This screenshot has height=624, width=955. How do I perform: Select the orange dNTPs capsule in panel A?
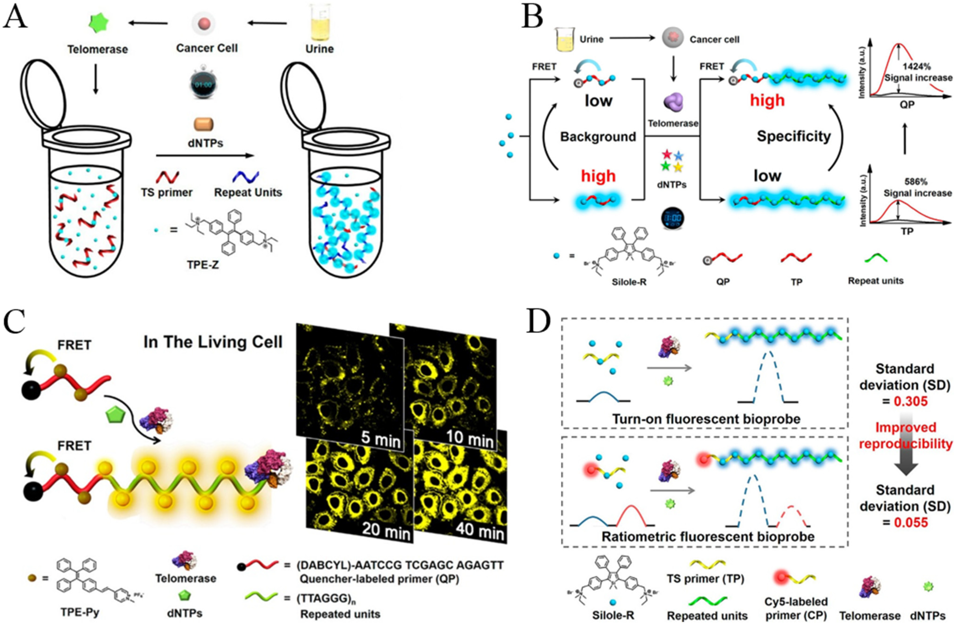[x=204, y=125]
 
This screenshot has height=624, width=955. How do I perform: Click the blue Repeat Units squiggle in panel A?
[x=246, y=177]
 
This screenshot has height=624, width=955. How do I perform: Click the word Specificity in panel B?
[x=793, y=136]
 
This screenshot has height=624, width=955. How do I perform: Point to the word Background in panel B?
[x=598, y=137]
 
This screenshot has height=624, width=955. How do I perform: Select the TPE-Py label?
[x=80, y=613]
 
